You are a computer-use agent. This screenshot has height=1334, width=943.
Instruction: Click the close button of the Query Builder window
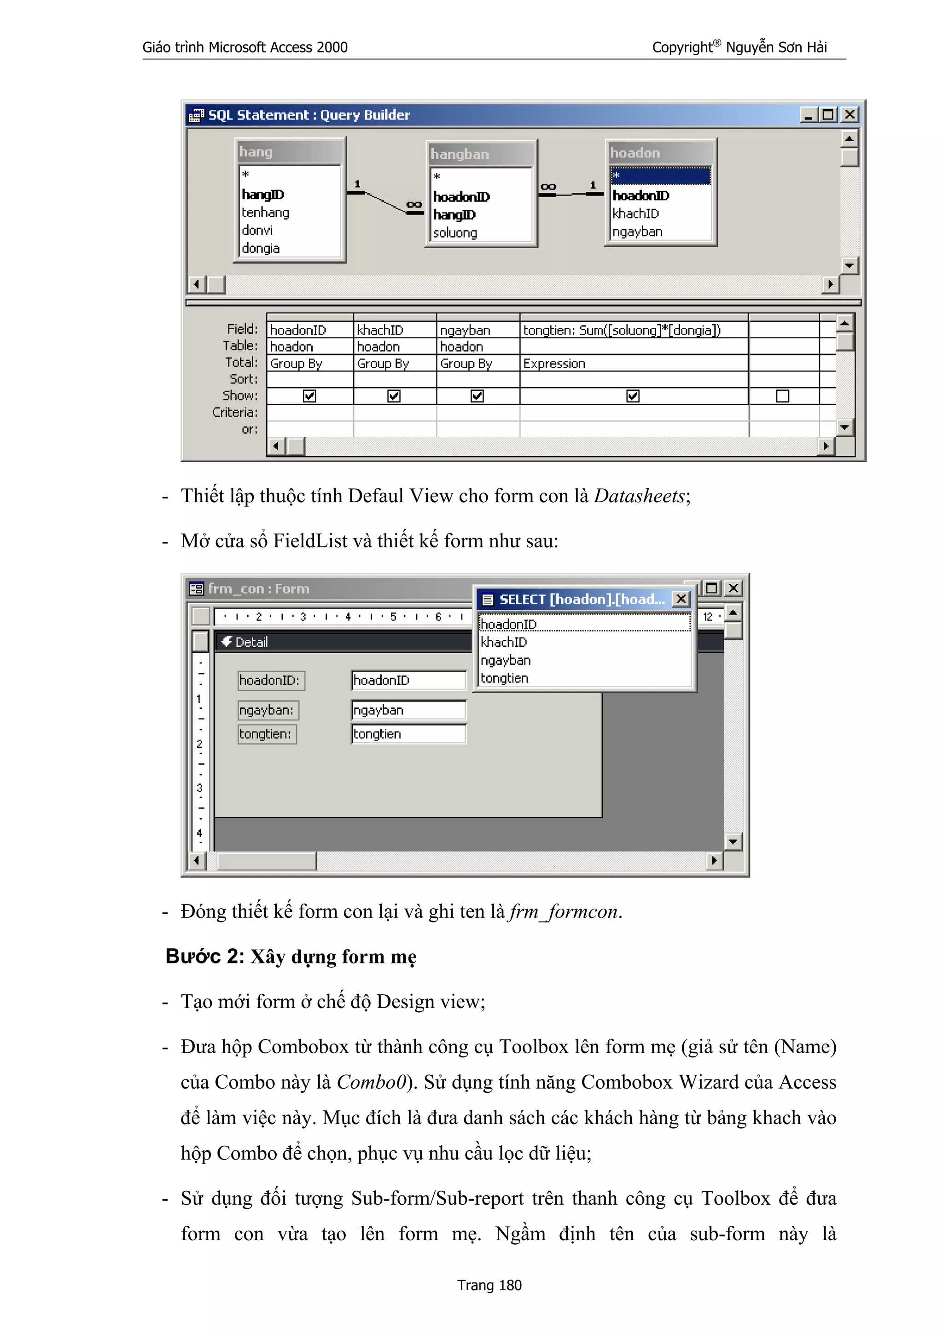pyautogui.click(x=850, y=115)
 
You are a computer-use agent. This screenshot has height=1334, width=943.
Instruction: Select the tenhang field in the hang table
pyautogui.click(x=266, y=213)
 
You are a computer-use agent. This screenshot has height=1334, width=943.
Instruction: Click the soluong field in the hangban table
pyautogui.click(x=455, y=233)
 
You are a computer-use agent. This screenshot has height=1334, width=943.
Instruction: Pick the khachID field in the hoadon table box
pyautogui.click(x=635, y=214)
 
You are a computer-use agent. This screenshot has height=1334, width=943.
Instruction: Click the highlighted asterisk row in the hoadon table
pyautogui.click(x=660, y=175)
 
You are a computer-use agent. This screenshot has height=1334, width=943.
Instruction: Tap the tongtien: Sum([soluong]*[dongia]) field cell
pyautogui.click(x=622, y=330)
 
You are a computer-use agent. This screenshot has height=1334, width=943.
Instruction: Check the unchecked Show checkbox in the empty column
pyautogui.click(x=783, y=396)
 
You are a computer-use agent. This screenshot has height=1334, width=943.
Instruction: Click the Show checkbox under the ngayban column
pyautogui.click(x=477, y=396)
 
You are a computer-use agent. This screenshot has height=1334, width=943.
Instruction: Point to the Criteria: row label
pyautogui.click(x=235, y=412)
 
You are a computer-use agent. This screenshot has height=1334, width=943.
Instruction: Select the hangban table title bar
pyautogui.click(x=480, y=154)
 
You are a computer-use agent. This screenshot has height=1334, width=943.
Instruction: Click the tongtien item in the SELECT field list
pyautogui.click(x=504, y=678)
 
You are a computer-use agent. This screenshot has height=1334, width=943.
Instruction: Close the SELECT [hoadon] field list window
pyautogui.click(x=681, y=599)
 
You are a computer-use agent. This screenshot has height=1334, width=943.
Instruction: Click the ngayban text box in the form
pyautogui.click(x=408, y=710)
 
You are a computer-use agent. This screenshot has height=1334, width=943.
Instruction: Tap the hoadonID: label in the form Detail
pyautogui.click(x=270, y=680)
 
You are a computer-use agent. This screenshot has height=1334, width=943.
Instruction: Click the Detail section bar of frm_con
pyautogui.click(x=343, y=642)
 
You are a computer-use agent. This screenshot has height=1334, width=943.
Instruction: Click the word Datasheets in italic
pyautogui.click(x=639, y=496)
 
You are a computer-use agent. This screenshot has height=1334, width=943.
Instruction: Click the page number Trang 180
pyautogui.click(x=489, y=1285)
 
